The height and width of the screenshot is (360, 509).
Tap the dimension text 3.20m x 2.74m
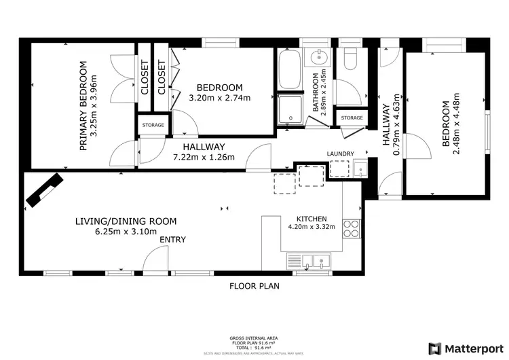(219, 98)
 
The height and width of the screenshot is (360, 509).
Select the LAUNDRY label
(340, 154)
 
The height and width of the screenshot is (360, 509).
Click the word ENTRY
(172, 240)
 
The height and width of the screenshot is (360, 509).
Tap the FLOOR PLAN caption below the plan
(254, 286)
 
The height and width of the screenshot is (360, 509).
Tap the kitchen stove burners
(352, 229)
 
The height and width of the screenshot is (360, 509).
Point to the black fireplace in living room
(43, 190)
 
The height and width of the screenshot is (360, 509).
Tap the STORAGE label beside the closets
(152, 125)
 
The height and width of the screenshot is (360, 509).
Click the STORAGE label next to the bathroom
(352, 118)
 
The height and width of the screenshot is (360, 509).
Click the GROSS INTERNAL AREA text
(254, 338)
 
